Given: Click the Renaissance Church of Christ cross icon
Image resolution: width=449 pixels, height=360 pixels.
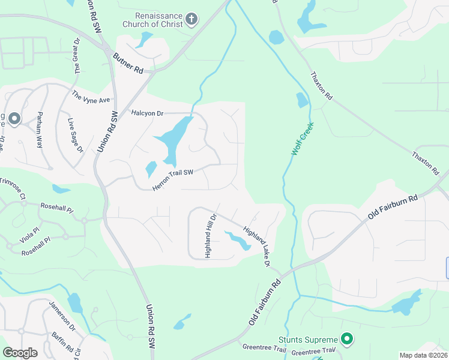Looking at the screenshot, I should click(x=191, y=19).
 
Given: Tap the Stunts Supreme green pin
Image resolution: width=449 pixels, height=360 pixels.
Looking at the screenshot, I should click(x=346, y=340).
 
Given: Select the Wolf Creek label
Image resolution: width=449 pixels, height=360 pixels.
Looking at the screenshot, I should click(x=303, y=140).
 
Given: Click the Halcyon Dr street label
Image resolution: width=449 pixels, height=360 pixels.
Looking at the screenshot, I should click(x=147, y=113).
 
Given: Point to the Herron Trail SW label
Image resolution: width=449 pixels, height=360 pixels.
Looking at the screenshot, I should click(x=173, y=180).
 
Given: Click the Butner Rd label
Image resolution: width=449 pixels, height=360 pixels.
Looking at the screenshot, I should click(x=128, y=62).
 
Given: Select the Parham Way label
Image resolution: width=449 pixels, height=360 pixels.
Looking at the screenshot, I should click(x=39, y=129).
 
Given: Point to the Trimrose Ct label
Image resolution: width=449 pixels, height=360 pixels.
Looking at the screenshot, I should click(x=13, y=188).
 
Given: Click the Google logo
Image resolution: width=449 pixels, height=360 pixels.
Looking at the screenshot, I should click(x=20, y=353).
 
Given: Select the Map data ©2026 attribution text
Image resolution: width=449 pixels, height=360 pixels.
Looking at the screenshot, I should click(x=423, y=355).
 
